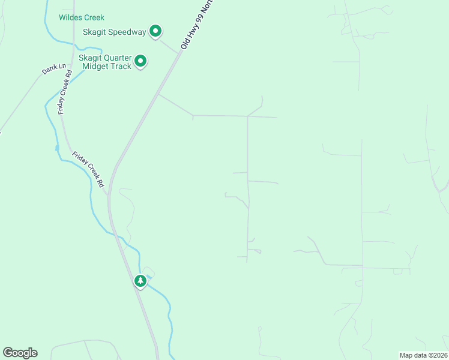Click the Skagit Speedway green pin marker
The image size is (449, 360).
pos(155,31)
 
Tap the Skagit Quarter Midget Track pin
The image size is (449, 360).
pos(141,61)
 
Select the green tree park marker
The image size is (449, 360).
pos(140,281)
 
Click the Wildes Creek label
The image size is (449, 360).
pos(82,17)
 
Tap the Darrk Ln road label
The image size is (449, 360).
pos(53,69)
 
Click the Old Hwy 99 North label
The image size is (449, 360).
pos(196,25)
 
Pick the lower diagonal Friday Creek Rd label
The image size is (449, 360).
pos(89,169)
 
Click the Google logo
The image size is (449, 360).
pos(20,353)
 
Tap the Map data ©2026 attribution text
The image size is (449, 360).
pos(423,355)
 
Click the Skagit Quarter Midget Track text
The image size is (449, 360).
pos(105,62)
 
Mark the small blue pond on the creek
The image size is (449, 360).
pos(57,147)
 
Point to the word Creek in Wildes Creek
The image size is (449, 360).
pos(94,17)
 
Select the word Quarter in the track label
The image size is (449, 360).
pos(118,58)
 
